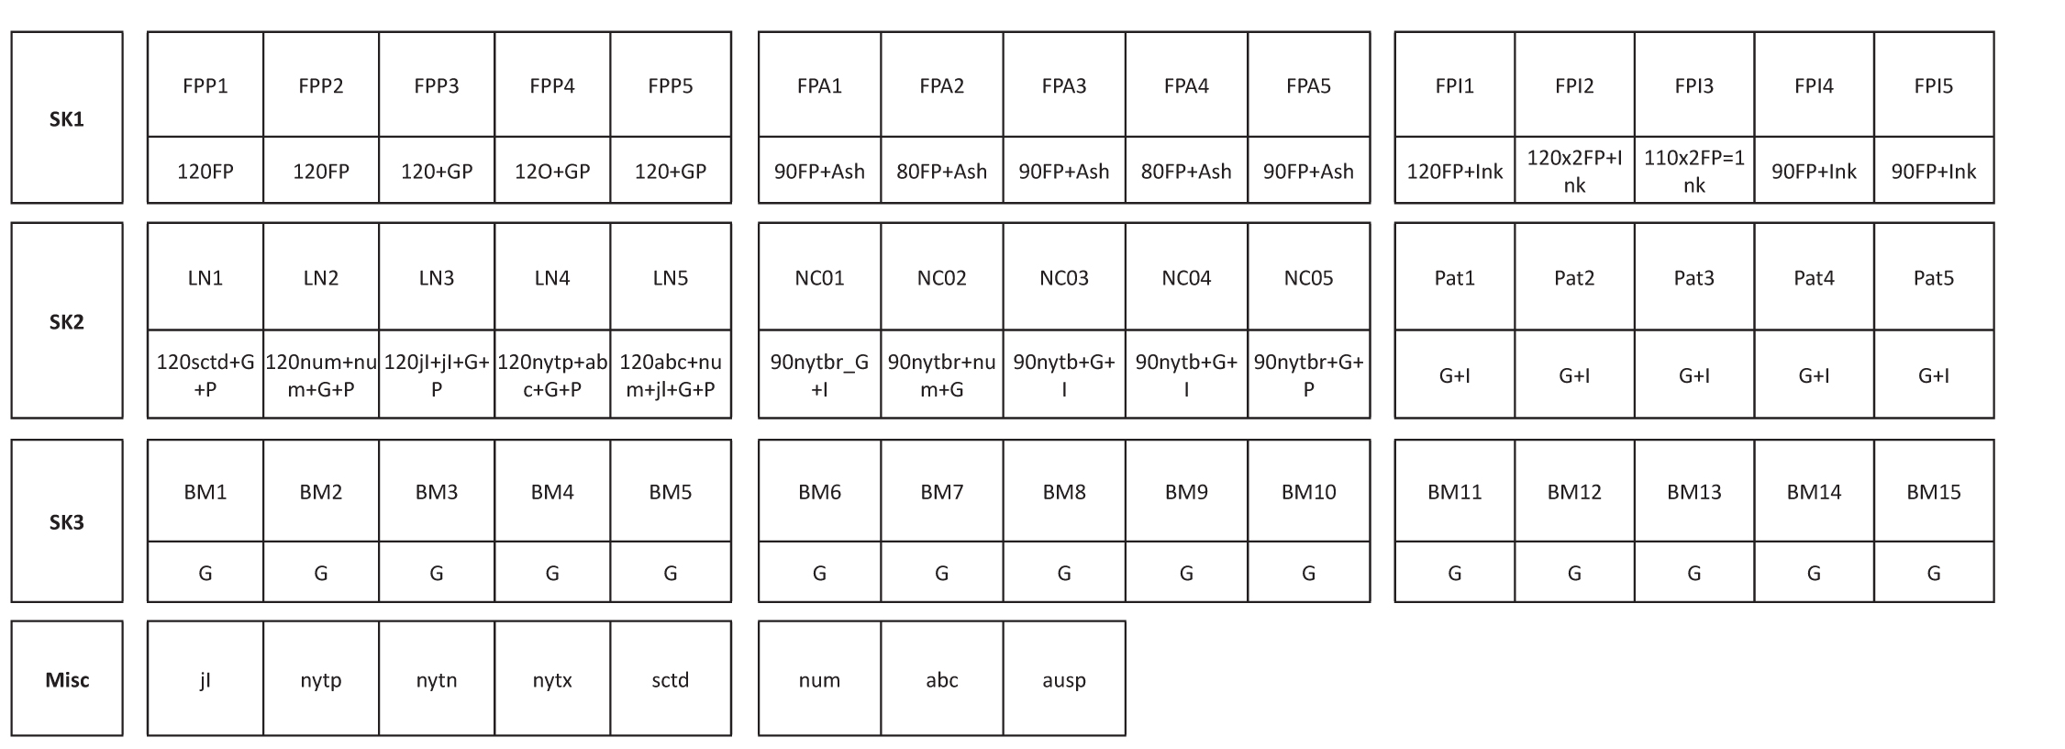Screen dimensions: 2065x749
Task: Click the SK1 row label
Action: point(67,117)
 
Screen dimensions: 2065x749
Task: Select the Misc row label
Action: point(67,678)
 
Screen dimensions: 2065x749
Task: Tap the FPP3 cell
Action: point(437,84)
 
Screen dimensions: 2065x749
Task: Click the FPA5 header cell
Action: point(1308,84)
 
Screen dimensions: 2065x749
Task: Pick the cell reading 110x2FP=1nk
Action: point(1693,171)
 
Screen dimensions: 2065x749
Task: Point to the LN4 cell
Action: point(552,276)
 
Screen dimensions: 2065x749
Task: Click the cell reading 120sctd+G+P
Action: point(205,374)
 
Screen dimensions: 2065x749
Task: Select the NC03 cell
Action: point(1064,276)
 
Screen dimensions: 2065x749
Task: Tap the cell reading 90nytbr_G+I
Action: point(819,374)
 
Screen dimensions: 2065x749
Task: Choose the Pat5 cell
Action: point(1934,276)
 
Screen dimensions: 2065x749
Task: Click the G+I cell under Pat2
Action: point(1574,374)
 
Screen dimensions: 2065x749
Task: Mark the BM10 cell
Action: point(1308,491)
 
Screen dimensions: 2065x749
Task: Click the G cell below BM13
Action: point(1693,573)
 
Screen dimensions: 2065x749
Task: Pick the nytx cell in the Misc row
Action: point(552,679)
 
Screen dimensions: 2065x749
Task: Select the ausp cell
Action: point(1064,679)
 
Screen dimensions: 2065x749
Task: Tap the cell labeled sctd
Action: point(671,679)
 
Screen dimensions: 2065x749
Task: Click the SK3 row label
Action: point(67,521)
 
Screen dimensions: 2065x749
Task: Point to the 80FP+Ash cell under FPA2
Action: point(942,171)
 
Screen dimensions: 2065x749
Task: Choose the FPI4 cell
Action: point(1814,84)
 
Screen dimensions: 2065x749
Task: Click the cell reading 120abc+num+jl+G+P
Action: point(671,374)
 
